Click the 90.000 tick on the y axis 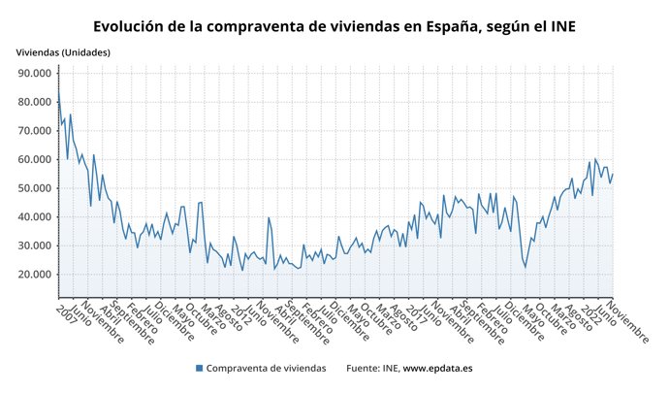click(35, 74)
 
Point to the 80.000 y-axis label click(35, 102)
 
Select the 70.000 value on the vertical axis click(35, 131)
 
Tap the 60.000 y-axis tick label click(35, 159)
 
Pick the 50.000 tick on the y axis click(35, 188)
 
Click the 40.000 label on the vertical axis click(35, 216)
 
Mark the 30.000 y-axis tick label click(35, 246)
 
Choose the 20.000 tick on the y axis click(35, 275)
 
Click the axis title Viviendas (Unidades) click(62, 50)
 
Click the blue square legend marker click(200, 369)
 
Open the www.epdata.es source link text click(437, 369)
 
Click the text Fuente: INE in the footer click(372, 369)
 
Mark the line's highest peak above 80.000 click(58, 92)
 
